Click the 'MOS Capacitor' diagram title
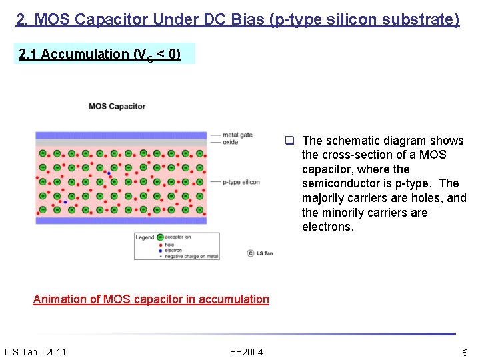tap(117, 106)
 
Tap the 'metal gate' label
tap(237, 135)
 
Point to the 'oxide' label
tap(230, 142)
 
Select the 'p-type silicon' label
tap(241, 181)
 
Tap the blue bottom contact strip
tap(121, 220)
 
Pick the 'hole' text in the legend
tap(170, 245)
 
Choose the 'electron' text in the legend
tap(173, 251)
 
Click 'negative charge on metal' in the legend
tap(191, 257)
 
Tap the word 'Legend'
tap(145, 238)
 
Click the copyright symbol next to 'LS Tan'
tap(250, 253)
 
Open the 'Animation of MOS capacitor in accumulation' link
tap(151, 299)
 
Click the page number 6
tap(465, 352)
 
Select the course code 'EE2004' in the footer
tap(246, 352)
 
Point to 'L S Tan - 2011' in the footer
tap(35, 352)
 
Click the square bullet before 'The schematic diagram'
tap(291, 141)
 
